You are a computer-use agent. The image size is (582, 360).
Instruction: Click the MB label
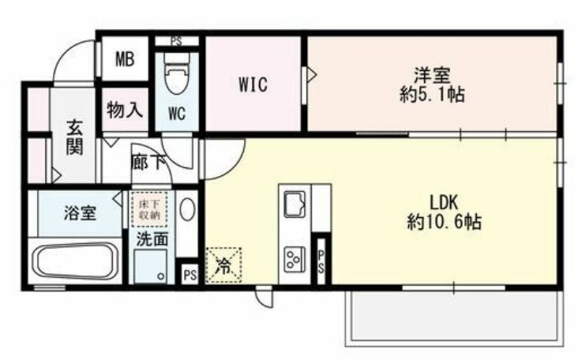(124, 59)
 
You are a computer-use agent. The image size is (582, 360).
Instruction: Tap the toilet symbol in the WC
(175, 74)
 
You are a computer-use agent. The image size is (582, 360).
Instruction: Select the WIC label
(253, 84)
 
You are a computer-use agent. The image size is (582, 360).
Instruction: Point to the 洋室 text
(431, 77)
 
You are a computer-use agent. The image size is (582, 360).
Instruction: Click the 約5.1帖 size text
(431, 96)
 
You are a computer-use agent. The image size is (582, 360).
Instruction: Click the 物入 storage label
(125, 110)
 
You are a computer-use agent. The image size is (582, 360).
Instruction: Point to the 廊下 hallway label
(149, 163)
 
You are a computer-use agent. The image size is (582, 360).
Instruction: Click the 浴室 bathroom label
(81, 212)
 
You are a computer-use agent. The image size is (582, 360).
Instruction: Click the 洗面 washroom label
(150, 240)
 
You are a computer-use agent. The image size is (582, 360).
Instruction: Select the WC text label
(176, 113)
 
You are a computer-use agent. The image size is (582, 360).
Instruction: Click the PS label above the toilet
(175, 40)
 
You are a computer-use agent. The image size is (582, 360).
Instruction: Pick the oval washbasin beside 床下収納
(186, 209)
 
